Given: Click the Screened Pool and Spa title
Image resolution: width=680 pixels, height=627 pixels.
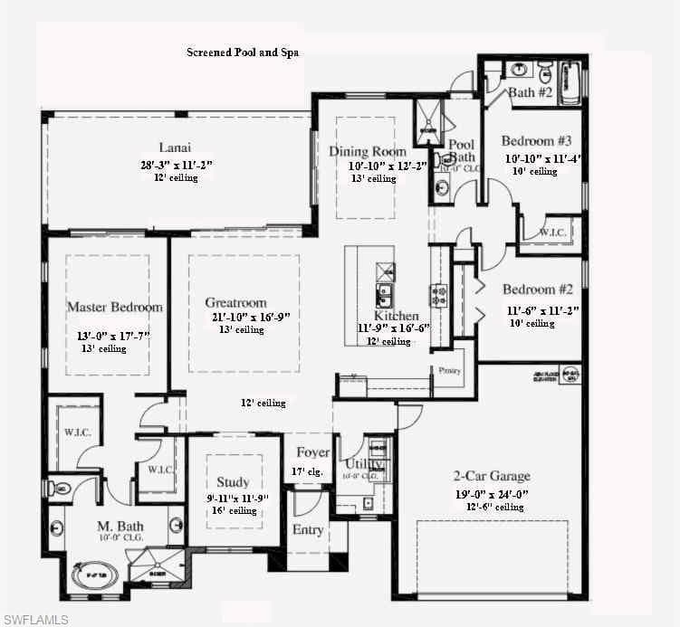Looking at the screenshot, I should coord(243,52).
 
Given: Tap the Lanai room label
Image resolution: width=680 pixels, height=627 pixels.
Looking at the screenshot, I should coord(175,147).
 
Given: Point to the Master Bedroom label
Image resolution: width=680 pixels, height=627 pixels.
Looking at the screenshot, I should coord(115,307).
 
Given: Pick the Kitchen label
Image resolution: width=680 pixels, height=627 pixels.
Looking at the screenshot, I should coord(397,316).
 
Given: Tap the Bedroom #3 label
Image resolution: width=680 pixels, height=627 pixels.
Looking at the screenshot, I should coord(538,141).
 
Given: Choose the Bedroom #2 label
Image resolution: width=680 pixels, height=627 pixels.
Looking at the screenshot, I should coord(539,290).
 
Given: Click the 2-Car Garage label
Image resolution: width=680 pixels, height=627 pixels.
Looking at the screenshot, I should coord(492,476).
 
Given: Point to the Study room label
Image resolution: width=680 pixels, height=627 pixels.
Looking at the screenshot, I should coord(233,482).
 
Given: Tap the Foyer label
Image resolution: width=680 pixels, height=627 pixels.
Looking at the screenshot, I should coord(308,452).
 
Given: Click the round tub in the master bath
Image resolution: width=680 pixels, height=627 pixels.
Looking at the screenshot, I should coord(93,574).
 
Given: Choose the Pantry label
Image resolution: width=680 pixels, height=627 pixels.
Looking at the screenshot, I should coord(450,370).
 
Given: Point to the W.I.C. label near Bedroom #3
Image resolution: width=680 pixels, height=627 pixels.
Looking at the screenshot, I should coord(552,232).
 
